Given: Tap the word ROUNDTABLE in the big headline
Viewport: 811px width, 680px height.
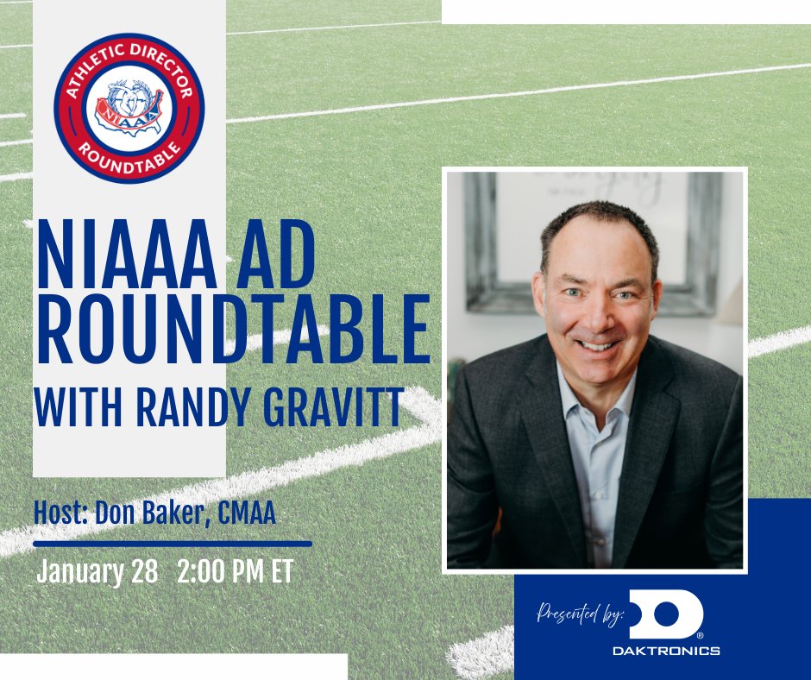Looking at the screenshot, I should point(232,331).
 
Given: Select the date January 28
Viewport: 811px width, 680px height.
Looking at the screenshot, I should point(97,572).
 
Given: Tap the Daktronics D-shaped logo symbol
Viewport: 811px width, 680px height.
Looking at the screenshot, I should point(665,615).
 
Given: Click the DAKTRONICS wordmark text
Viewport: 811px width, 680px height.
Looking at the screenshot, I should point(665,651).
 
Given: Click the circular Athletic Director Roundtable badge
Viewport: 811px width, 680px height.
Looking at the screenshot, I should point(129,108).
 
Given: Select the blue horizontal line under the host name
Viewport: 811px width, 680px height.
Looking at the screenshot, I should point(173,544).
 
